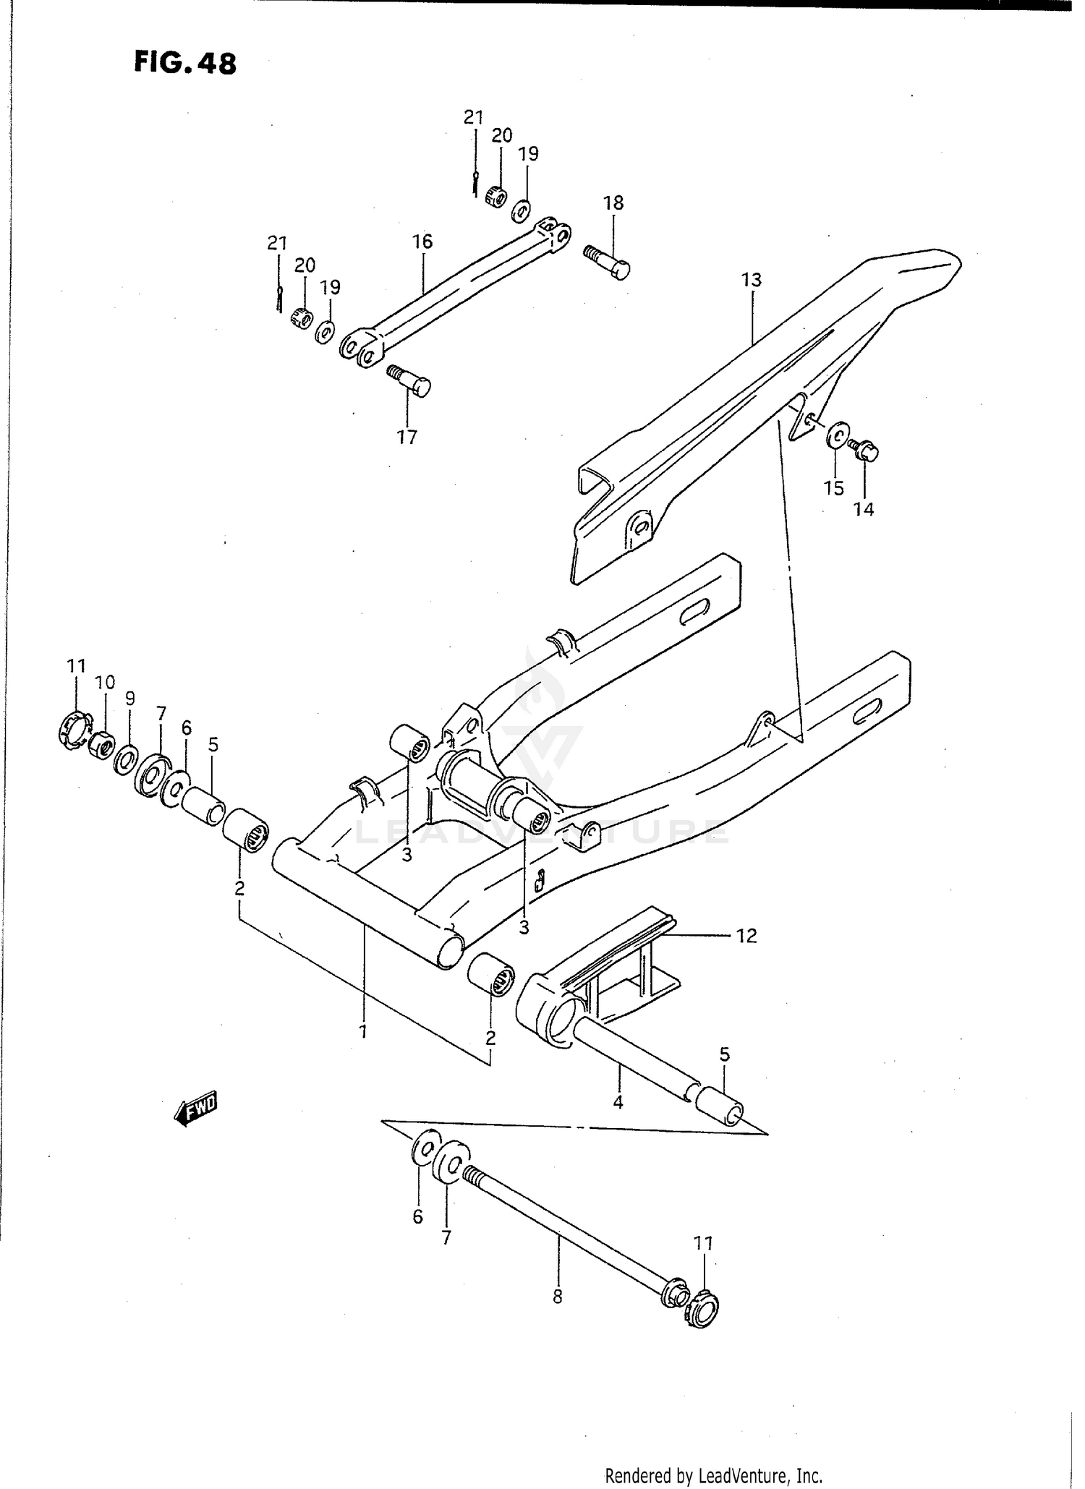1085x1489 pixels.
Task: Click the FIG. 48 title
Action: coord(185,64)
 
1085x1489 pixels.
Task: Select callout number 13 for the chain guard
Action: coord(752,280)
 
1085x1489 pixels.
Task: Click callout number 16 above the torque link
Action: coord(422,242)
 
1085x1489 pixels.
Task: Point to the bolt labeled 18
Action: coord(608,261)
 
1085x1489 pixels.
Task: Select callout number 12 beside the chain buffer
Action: coord(746,936)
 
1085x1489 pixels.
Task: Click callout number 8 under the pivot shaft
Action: coord(557,1297)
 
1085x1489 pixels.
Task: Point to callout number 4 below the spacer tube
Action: coord(618,1103)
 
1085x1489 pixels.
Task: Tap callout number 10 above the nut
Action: coord(105,682)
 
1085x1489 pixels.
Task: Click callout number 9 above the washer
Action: coord(129,699)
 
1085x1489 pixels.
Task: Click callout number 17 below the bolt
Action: coord(407,437)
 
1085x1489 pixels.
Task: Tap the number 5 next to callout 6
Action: coord(213,745)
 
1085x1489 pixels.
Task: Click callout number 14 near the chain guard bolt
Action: coord(863,510)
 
